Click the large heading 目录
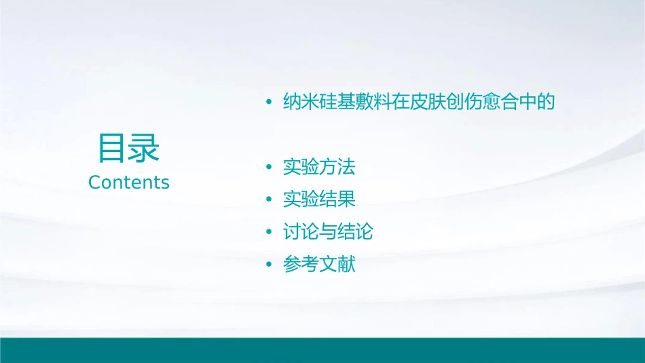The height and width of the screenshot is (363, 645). click(x=128, y=149)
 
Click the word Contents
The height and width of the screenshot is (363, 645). click(x=129, y=183)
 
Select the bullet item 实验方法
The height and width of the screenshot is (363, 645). click(x=319, y=167)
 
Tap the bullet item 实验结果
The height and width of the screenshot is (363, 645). click(x=319, y=199)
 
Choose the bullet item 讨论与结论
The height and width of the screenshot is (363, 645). click(x=328, y=232)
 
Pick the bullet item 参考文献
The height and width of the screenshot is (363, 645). click(x=319, y=265)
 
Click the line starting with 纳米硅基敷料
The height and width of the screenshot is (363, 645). click(x=419, y=102)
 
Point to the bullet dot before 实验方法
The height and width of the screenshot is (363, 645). click(x=269, y=168)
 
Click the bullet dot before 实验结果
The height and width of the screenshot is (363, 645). click(x=269, y=200)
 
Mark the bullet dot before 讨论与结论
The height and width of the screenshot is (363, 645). click(x=269, y=233)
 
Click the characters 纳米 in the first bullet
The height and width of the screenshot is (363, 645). click(x=301, y=102)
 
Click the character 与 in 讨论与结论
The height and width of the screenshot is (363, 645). click(x=328, y=232)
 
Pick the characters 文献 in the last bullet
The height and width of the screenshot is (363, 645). click(x=337, y=265)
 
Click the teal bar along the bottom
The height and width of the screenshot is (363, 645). click(x=322, y=350)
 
